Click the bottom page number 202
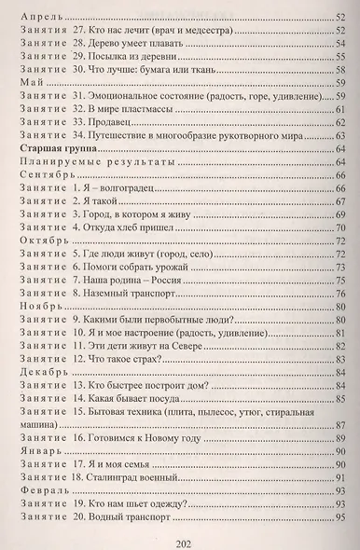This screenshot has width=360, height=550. pyautogui.click(x=180, y=536)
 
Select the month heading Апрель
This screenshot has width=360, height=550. pyautogui.click(x=38, y=17)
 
